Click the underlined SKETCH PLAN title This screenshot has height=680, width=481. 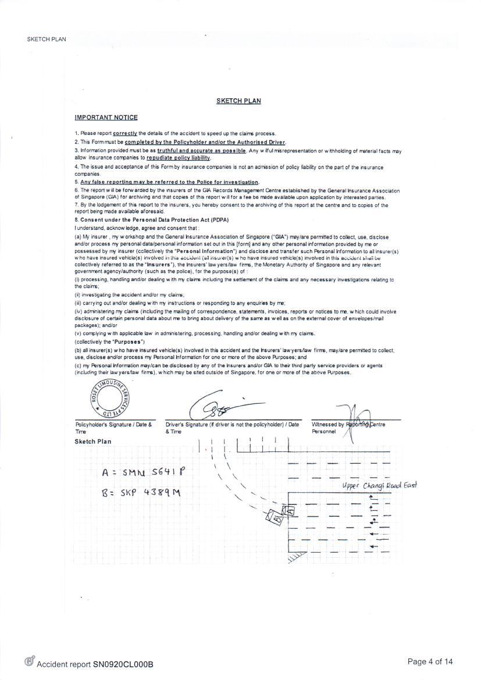pos(238,101)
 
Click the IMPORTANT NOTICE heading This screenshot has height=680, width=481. pos(106,118)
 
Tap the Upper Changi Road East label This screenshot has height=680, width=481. pos(379,486)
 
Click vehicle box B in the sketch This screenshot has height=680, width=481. pos(274,517)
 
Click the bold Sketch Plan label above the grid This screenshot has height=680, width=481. pos(92,442)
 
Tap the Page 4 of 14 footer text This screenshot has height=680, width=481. pos(430,661)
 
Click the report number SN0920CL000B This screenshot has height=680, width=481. pos(123,664)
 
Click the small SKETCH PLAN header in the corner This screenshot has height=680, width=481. pos(46,39)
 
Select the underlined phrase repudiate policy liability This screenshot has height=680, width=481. pos(178,158)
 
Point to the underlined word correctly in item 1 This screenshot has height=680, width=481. pos(125,133)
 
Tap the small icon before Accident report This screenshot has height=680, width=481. pos(29,661)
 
